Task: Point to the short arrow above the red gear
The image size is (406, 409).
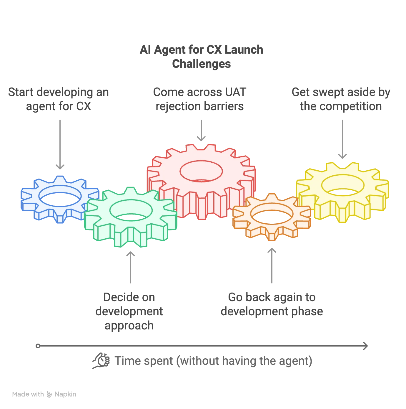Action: pos(201,130)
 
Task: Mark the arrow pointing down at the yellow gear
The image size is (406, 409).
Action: pos(342,138)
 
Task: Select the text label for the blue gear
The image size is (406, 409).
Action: pos(59,99)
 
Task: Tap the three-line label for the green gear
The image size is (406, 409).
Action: pos(129,311)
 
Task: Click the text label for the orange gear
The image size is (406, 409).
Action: pos(272,304)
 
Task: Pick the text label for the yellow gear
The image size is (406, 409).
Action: pos(341,99)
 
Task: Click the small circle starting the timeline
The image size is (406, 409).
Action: pos(38,346)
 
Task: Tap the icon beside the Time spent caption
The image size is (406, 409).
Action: pos(100,360)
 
